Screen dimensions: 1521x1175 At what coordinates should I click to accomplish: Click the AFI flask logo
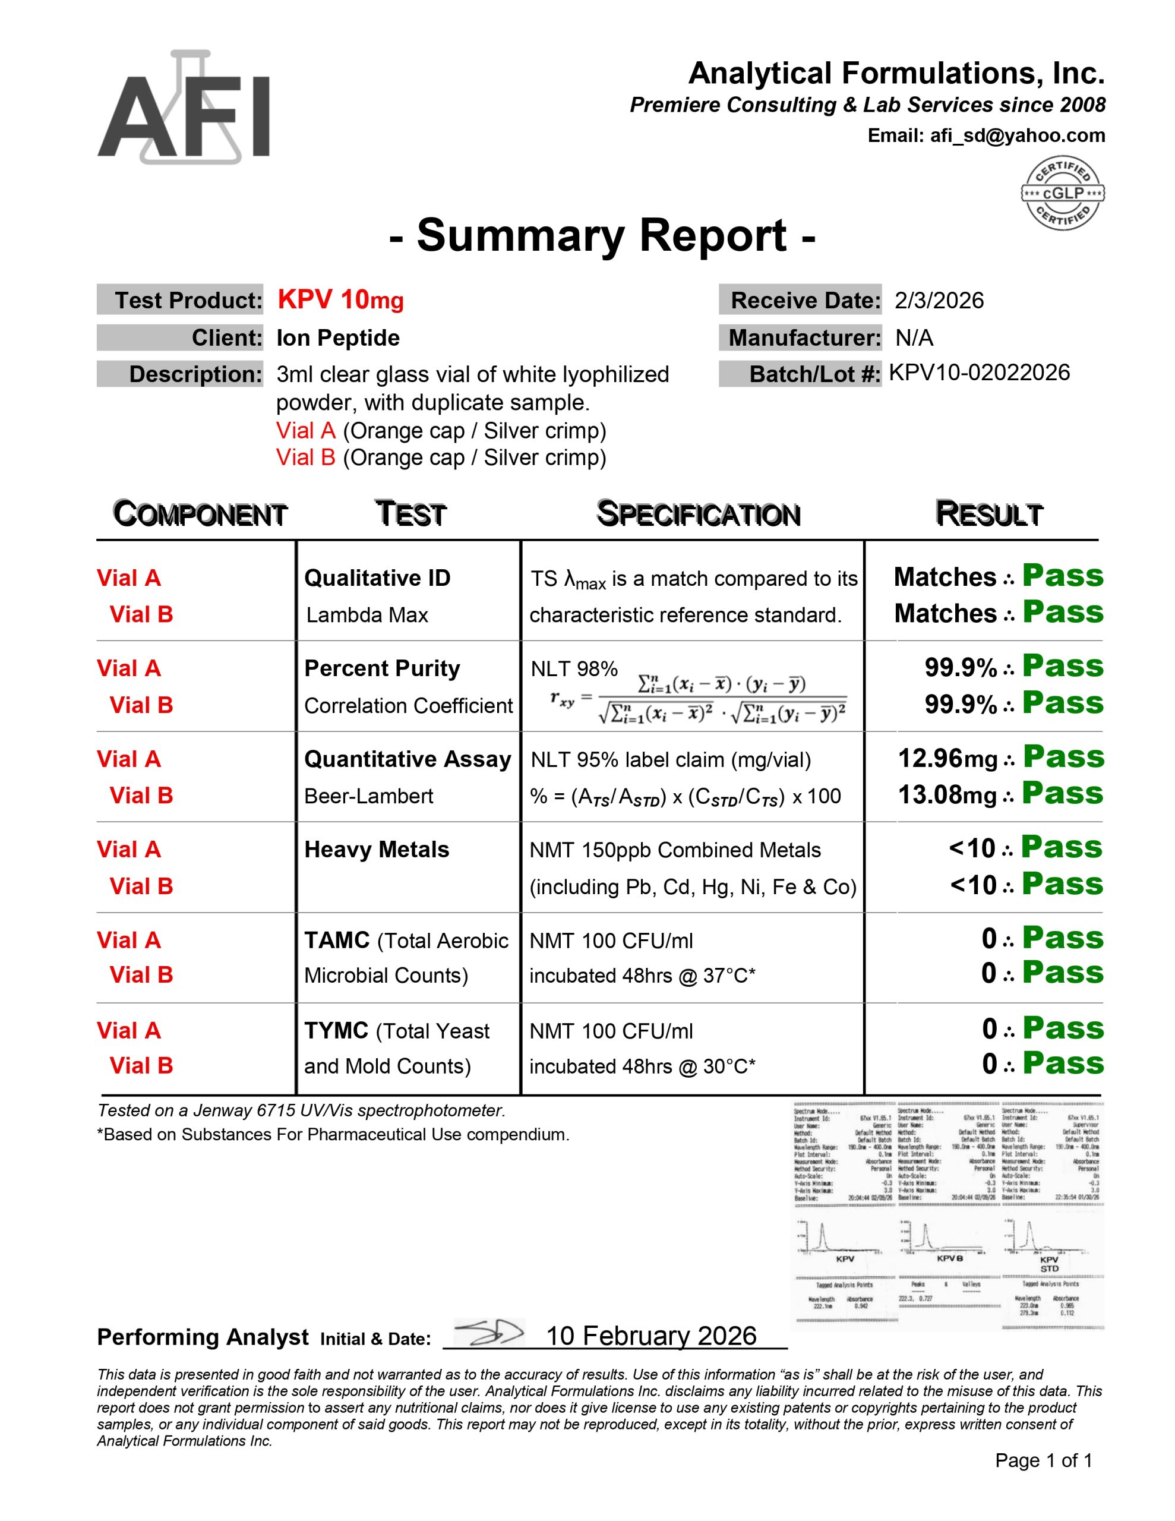[x=183, y=108]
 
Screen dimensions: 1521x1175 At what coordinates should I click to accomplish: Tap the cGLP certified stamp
[x=1062, y=193]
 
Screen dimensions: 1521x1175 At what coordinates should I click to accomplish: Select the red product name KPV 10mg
[x=340, y=300]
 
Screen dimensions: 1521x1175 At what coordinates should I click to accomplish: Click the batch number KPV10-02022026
[x=978, y=373]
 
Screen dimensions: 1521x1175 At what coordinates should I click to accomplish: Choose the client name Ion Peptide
[x=338, y=337]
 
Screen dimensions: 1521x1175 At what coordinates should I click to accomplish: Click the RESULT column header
[x=988, y=514]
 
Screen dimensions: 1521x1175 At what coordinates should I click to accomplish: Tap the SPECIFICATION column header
[x=698, y=514]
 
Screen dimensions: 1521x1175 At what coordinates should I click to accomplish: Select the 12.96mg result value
[x=947, y=758]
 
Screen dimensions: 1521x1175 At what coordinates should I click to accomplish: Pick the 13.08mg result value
[x=947, y=794]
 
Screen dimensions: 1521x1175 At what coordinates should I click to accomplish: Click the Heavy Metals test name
[x=376, y=850]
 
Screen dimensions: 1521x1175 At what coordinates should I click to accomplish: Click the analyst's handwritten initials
[x=488, y=1332]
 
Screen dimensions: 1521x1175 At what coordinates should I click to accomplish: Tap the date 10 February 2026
[x=650, y=1336]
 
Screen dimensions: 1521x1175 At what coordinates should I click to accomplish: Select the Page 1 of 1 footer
[x=1043, y=1460]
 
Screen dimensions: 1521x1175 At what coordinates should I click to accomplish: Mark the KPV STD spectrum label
[x=1049, y=1264]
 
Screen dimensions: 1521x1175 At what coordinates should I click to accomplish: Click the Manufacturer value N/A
[x=914, y=337]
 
